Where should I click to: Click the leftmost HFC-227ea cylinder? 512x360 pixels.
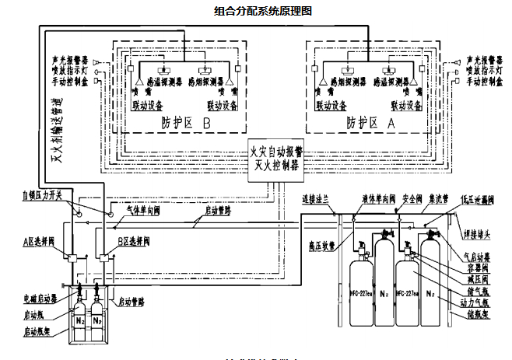(x=362, y=292)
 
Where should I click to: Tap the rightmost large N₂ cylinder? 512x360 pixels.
(x=430, y=292)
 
